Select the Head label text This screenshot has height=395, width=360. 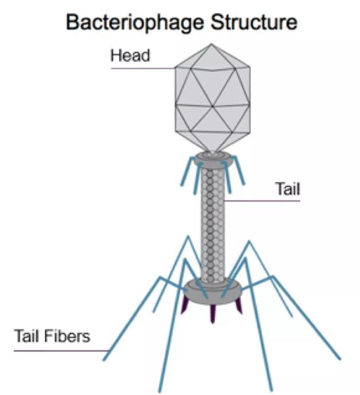pos(130,56)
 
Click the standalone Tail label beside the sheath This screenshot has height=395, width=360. pos(288,189)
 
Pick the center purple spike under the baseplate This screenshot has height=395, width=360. pos(213,314)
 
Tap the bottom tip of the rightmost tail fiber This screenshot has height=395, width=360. pos(340,359)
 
